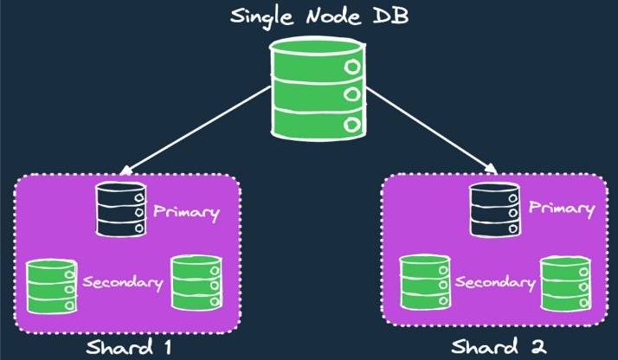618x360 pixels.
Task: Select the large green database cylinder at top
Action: (317, 87)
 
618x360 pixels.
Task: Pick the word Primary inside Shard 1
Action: (186, 211)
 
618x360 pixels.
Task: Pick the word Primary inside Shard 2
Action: (562, 209)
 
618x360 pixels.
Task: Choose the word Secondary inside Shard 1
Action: (123, 282)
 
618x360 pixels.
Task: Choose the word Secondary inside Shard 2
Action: (495, 283)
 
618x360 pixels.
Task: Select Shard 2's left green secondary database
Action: (424, 281)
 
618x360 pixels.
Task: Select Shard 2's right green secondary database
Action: (567, 283)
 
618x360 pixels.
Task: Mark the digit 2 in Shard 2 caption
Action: (541, 348)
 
